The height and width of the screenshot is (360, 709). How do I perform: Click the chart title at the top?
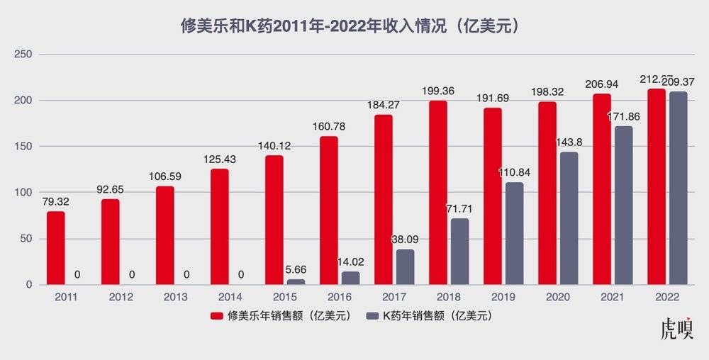(354, 27)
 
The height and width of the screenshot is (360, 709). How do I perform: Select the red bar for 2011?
(56, 248)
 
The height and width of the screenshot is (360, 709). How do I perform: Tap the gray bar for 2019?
(514, 234)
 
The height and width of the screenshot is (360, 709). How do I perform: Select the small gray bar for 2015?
(296, 281)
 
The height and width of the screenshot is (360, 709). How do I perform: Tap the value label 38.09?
(405, 240)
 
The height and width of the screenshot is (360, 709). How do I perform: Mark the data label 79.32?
(55, 202)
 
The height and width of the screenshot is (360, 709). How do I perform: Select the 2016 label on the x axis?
(340, 296)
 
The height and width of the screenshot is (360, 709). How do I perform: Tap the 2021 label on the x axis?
(613, 296)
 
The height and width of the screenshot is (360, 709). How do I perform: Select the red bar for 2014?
(220, 227)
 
